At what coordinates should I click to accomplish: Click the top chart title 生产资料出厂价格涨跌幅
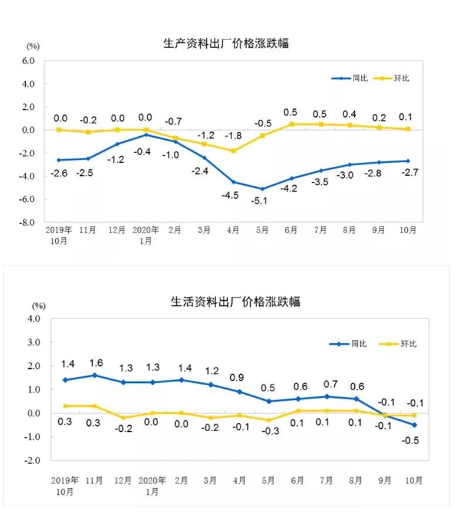pyautogui.click(x=226, y=43)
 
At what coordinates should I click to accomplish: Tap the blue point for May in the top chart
pyautogui.click(x=263, y=189)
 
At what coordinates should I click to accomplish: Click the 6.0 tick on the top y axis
pyautogui.click(x=28, y=61)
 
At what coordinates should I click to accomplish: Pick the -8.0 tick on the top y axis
pyautogui.click(x=28, y=223)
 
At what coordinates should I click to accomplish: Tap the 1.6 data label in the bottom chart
pyautogui.click(x=96, y=363)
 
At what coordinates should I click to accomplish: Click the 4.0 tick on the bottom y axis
pyautogui.click(x=32, y=319)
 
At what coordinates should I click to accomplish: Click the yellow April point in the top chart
pyautogui.click(x=234, y=151)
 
